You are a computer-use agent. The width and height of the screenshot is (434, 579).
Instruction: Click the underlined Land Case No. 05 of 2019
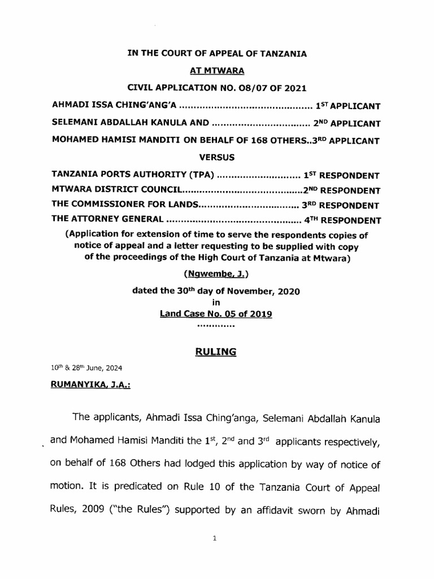(216, 314)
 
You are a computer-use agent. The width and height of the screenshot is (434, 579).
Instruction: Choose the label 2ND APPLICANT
(348, 123)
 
